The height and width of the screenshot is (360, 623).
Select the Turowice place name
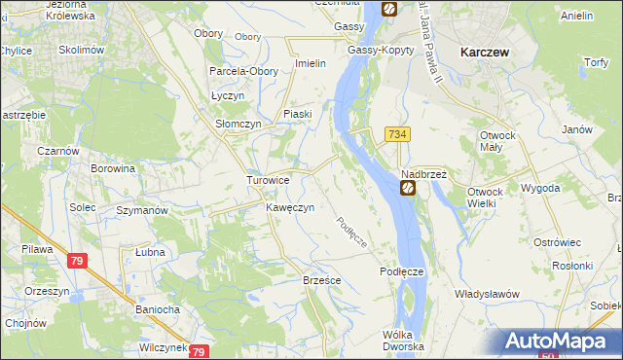coord(268,181)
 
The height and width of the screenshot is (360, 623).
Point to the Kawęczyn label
coord(289,208)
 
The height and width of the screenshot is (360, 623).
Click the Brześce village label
coord(321,280)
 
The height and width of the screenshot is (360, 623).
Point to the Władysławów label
coord(487,294)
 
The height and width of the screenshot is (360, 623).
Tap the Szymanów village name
coord(142,210)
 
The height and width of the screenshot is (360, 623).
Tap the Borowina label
coord(112,169)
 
